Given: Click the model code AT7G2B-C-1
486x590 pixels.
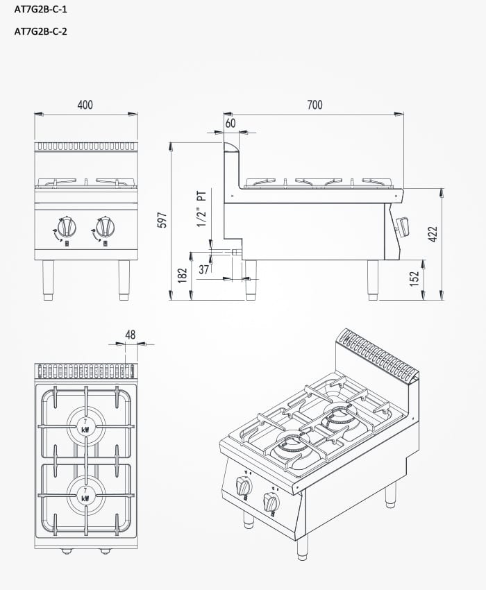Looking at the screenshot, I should [x=41, y=10].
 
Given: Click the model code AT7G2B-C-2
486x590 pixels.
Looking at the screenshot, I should [x=41, y=31].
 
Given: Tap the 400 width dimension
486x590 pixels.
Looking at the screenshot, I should [x=85, y=105].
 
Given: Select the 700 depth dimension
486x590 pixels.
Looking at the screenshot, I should [x=315, y=105].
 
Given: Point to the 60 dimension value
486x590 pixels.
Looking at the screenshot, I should [x=231, y=123].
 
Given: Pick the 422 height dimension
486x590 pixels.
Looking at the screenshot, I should [x=432, y=234].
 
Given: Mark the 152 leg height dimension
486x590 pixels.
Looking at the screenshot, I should [x=414, y=278].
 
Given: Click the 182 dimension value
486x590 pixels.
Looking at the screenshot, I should [x=183, y=275].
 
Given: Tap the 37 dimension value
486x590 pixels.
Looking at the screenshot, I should [x=204, y=269].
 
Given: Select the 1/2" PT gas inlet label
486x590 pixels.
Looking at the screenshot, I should [x=202, y=208].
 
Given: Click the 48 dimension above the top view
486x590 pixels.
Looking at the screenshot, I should [x=131, y=335].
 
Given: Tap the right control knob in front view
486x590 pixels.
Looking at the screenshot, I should [x=106, y=227].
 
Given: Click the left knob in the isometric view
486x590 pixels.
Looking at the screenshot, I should [x=244, y=486].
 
